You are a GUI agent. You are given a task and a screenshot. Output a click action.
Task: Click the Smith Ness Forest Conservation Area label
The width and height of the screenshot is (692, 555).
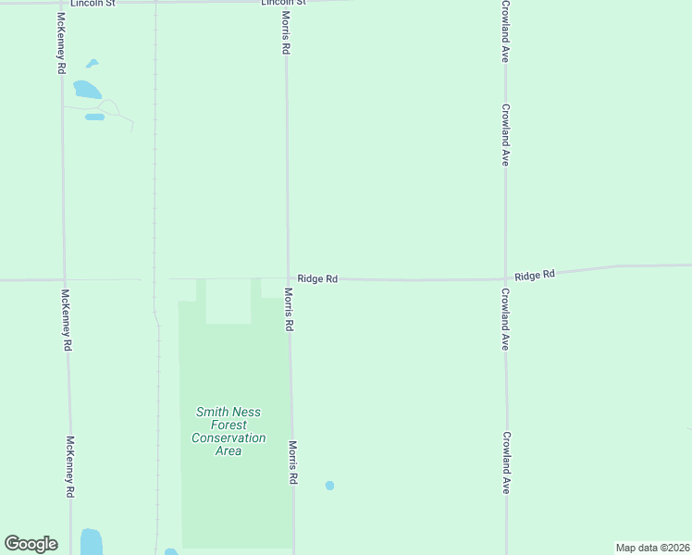tap(229, 431)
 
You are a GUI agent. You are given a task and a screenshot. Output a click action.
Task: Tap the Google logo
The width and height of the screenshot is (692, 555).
tap(31, 543)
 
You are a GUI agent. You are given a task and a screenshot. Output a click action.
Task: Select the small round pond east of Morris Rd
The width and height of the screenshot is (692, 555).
tap(329, 485)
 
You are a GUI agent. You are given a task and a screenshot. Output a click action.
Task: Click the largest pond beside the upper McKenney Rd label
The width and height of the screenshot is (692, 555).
tap(87, 90)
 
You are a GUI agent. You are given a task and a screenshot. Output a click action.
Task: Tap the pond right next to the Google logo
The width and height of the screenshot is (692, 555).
tap(91, 541)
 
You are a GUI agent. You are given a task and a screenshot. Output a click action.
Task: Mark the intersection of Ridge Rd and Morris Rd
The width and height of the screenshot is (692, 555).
tap(287, 278)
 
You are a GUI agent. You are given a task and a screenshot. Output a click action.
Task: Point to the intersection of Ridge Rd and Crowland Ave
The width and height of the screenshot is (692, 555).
tap(505, 278)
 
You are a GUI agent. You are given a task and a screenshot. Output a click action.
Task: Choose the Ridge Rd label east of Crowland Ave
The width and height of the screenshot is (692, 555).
tap(535, 275)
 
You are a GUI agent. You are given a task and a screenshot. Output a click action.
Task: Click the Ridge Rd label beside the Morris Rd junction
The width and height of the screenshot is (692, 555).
tap(317, 278)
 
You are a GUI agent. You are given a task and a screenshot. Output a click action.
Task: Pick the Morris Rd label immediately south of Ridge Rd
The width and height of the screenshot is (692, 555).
tap(289, 310)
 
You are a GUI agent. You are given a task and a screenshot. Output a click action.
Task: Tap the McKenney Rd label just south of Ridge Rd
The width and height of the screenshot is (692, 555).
tap(66, 320)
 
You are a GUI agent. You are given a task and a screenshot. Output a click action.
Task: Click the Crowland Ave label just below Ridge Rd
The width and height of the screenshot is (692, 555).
tap(505, 318)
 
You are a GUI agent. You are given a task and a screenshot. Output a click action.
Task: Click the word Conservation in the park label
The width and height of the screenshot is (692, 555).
tap(229, 438)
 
